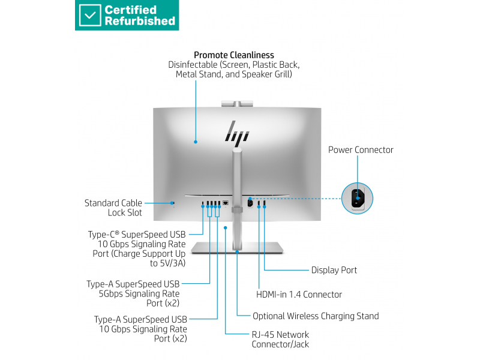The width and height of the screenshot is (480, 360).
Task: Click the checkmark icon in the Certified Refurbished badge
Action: (89, 15)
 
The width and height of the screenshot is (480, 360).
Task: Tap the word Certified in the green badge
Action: (131, 10)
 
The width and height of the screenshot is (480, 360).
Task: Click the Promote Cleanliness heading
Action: (234, 55)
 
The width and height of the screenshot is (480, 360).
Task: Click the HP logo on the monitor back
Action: (236, 131)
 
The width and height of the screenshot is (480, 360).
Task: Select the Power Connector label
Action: (361, 149)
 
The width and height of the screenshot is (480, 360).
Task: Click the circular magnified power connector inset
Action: (357, 198)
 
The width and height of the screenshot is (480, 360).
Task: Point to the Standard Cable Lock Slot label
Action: (113, 208)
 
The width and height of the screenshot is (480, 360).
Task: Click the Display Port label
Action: (334, 270)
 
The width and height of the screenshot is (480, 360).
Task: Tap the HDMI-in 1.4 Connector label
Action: (299, 295)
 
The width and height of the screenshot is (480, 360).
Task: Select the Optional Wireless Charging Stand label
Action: (316, 316)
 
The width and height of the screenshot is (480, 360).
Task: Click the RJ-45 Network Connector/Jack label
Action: (280, 339)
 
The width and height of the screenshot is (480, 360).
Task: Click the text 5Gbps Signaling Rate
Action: (139, 293)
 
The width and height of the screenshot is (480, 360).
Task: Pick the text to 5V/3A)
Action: (168, 263)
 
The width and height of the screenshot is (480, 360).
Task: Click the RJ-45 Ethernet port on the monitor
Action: (226, 203)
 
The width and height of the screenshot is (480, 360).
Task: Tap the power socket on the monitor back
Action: (250, 203)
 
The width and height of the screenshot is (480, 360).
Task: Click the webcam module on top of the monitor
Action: (237, 104)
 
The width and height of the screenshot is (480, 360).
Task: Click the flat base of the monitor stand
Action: (237, 248)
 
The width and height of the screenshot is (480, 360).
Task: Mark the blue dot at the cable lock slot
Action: (172, 203)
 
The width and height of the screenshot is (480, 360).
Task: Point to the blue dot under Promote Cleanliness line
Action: (196, 142)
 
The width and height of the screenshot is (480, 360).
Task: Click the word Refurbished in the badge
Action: (140, 21)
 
